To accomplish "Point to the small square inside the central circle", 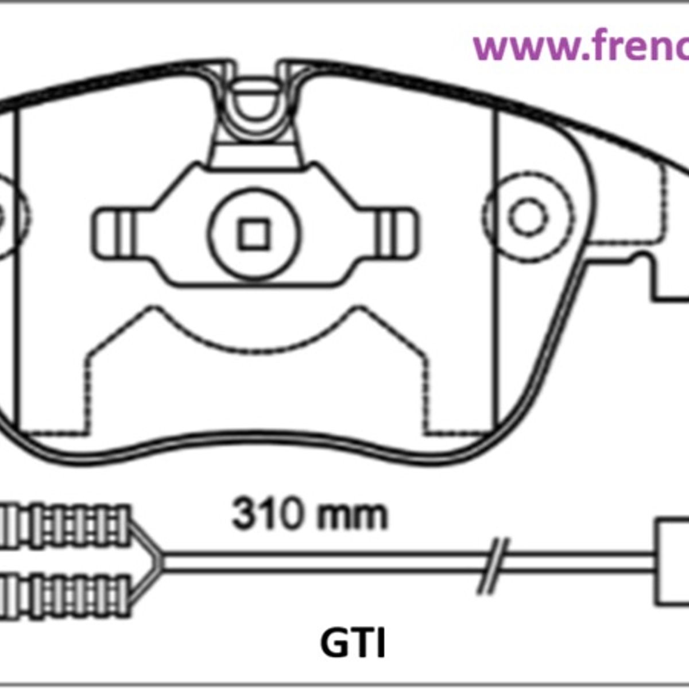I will pos(254,234).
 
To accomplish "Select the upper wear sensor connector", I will pos(66,524).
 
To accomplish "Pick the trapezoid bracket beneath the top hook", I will pos(254,154).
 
